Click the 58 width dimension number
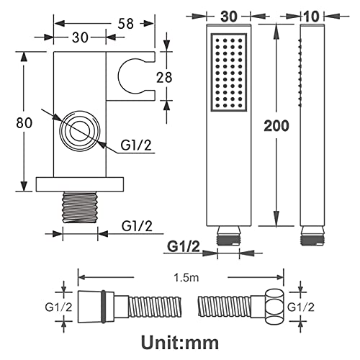click(126, 24)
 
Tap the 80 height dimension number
click(24, 123)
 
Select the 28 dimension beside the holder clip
click(164, 78)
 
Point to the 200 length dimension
click(276, 126)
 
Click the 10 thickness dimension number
click(312, 17)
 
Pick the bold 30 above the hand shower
click(229, 17)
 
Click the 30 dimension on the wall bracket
click(80, 37)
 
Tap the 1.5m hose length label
click(186, 278)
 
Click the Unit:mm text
click(180, 343)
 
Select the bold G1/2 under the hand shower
click(184, 246)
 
